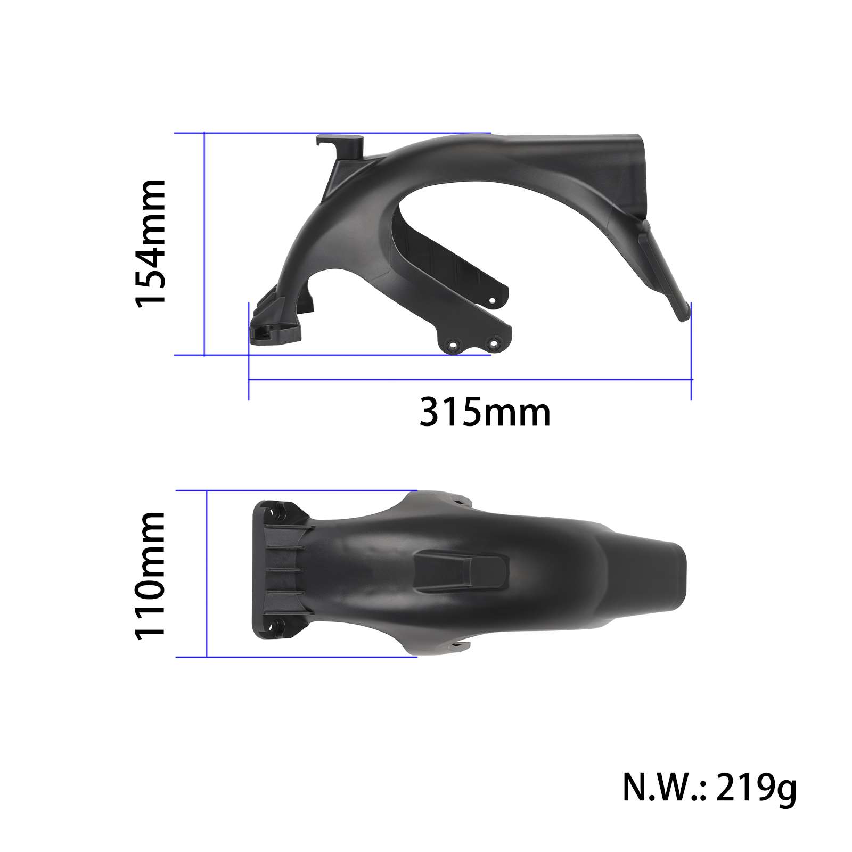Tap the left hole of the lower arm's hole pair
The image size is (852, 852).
pos(453,345)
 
